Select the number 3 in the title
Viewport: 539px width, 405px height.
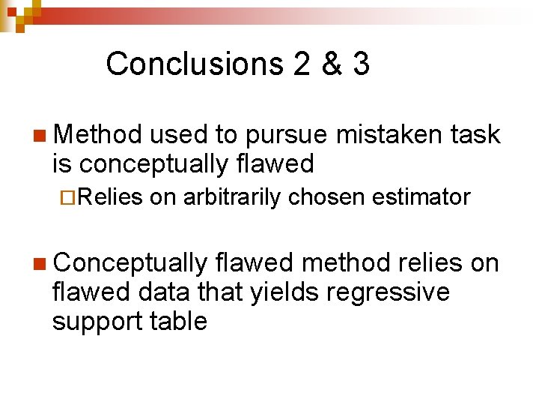pyautogui.click(x=361, y=64)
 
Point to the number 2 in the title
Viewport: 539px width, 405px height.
pyautogui.click(x=302, y=64)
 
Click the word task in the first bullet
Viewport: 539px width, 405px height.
pyautogui.click(x=474, y=135)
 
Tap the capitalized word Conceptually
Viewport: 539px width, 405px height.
pyautogui.click(x=130, y=264)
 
